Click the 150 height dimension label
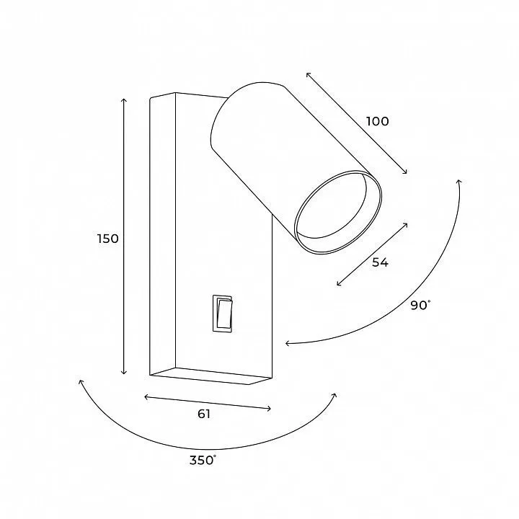(108, 239)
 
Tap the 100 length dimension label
(377, 122)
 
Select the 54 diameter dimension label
(380, 262)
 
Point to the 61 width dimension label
(204, 414)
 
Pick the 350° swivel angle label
(203, 460)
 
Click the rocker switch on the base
(223, 313)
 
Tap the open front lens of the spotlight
(337, 213)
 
